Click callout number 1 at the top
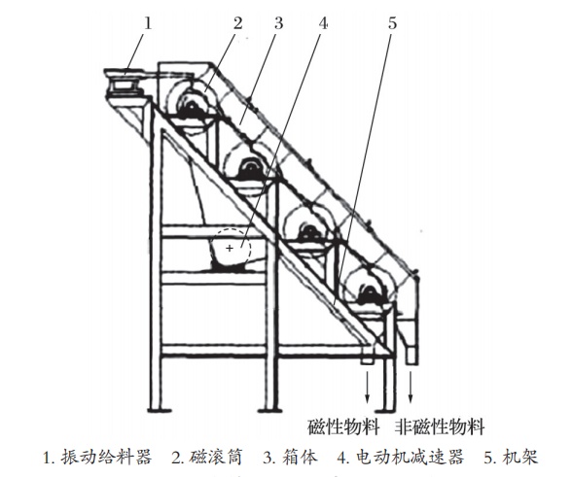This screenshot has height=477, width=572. [x=148, y=23]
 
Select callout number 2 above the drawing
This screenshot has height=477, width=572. [x=237, y=23]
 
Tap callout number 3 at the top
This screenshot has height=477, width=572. [x=278, y=23]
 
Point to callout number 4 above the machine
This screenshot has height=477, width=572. [x=323, y=23]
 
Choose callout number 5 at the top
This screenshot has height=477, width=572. [x=392, y=23]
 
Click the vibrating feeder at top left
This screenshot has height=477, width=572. [x=125, y=85]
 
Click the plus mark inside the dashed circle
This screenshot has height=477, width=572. [x=230, y=248]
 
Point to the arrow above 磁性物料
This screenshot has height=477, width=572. [x=368, y=387]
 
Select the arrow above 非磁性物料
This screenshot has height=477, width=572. [x=411, y=387]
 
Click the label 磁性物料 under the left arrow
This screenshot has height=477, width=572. [x=343, y=426]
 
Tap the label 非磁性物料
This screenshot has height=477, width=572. [x=441, y=426]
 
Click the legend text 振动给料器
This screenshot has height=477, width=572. [x=106, y=457]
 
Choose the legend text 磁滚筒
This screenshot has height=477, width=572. [x=215, y=457]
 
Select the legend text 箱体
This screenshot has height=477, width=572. [x=300, y=457]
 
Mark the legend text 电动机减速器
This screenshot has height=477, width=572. [x=410, y=457]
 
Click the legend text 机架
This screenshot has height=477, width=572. [x=520, y=457]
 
